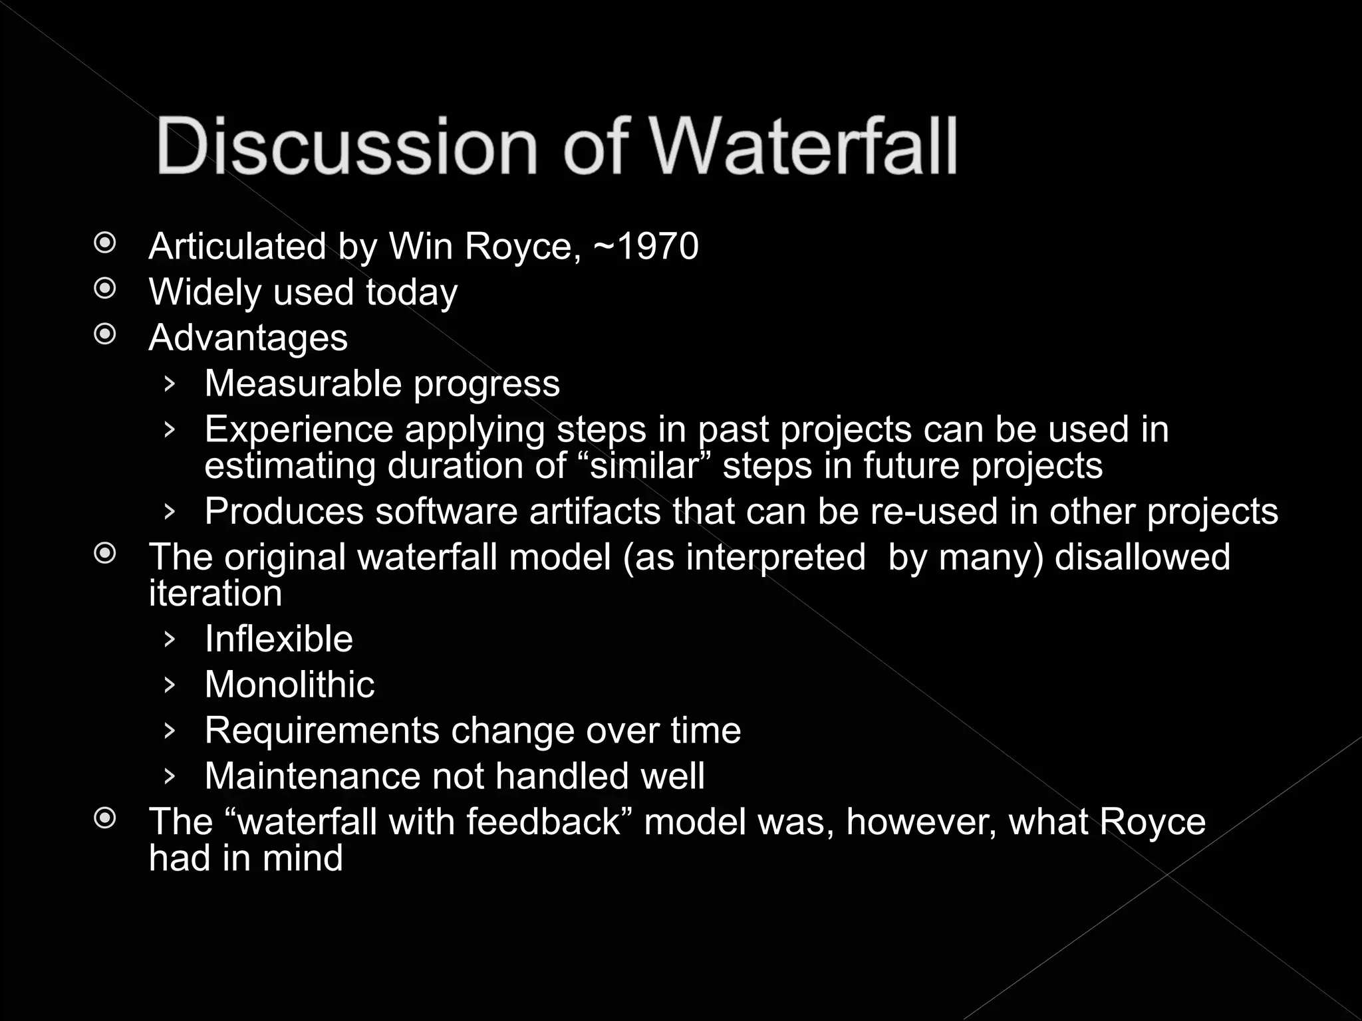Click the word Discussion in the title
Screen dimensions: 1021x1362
pyautogui.click(x=346, y=146)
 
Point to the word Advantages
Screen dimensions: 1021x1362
pyautogui.click(x=248, y=338)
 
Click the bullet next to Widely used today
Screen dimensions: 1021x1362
pyautogui.click(x=105, y=289)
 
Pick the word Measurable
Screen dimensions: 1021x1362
pyautogui.click(x=303, y=384)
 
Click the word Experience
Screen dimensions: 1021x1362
pyautogui.click(x=299, y=429)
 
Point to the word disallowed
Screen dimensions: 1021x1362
pyautogui.click(x=1142, y=557)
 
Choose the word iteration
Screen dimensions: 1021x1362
pyautogui.click(x=215, y=593)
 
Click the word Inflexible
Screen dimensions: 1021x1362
pyautogui.click(x=279, y=639)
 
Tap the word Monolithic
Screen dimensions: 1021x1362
pyautogui.click(x=289, y=685)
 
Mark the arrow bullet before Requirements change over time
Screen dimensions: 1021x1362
pyautogui.click(x=170, y=731)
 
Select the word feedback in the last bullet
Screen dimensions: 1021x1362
pyautogui.click(x=543, y=822)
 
